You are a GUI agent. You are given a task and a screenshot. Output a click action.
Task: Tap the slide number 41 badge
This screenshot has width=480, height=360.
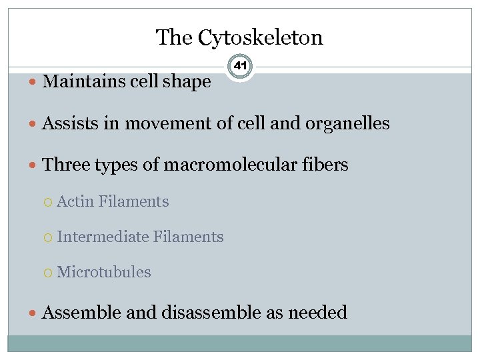point(240,67)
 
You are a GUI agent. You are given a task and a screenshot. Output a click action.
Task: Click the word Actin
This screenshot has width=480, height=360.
point(75,201)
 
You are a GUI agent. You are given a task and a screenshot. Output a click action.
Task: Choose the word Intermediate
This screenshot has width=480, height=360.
point(103,237)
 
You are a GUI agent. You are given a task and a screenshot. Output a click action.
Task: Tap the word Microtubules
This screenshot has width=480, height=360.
point(104,272)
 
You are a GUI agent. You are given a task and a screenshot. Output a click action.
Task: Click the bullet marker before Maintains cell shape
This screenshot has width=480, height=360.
point(34,82)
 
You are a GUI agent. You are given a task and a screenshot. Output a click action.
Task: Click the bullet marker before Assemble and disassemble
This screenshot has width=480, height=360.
point(34,313)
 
